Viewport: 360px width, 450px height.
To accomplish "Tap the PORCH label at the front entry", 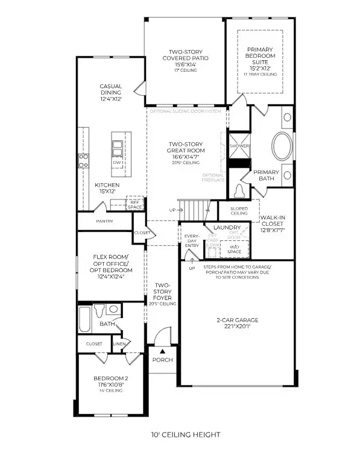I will pos(162,360).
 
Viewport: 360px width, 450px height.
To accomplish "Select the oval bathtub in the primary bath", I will pos(280,146).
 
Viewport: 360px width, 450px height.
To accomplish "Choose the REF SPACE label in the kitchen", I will pos(134,204).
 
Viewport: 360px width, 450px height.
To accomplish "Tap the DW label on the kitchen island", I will pos(116,163).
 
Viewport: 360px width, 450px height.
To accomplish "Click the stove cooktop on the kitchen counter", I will pos(83,161).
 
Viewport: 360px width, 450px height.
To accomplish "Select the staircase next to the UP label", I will pos(196,211).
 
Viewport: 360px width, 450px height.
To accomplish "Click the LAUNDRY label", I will pos(227,227).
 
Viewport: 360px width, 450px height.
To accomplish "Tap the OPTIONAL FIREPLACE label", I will pos(213,178).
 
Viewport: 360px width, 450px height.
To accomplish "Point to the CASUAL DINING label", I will pos(111,92).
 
